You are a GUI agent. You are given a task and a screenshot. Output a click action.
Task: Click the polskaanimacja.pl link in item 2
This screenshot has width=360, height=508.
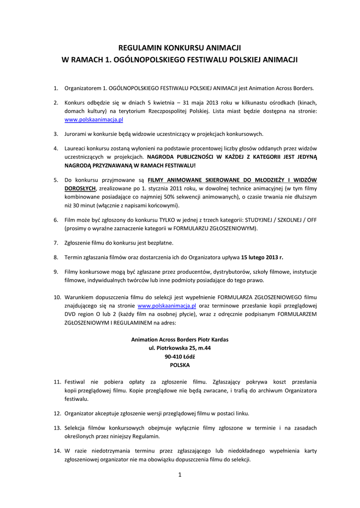click(x=94, y=120)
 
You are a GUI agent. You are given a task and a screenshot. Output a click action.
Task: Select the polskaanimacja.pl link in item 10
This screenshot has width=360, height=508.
click(x=167, y=306)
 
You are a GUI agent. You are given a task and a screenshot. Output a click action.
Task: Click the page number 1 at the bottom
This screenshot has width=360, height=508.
click(x=180, y=475)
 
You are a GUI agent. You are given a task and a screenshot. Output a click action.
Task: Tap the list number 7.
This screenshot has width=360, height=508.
click(x=56, y=243)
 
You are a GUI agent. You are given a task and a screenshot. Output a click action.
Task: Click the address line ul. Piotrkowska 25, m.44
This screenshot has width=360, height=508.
click(x=180, y=348)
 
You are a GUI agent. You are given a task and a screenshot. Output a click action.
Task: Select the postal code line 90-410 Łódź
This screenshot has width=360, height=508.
click(x=180, y=357)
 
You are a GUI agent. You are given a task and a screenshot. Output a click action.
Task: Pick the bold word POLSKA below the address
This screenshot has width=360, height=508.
click(x=180, y=365)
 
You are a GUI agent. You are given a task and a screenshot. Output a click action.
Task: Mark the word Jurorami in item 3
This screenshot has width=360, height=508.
click(x=76, y=134)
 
